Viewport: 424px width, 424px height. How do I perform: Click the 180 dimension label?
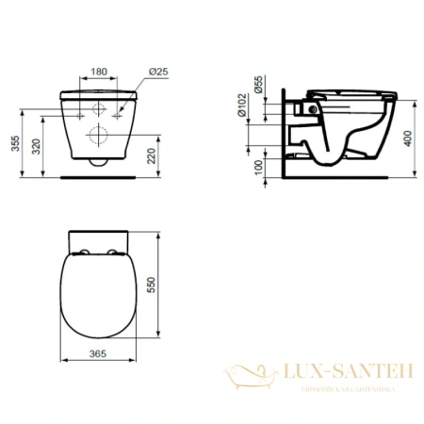(97, 72)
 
